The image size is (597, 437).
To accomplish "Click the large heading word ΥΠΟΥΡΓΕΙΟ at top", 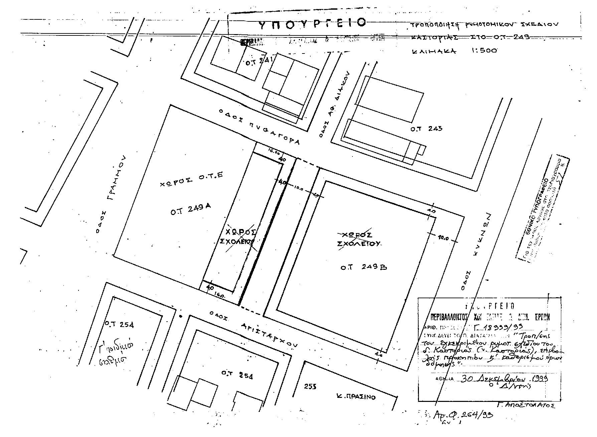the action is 312,23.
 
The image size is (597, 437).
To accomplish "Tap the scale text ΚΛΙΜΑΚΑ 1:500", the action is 454,51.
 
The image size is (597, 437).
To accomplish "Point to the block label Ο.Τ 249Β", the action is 364,267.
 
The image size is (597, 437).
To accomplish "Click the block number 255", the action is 310,387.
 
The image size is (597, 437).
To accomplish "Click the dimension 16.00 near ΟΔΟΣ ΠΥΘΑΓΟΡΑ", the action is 273,151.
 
